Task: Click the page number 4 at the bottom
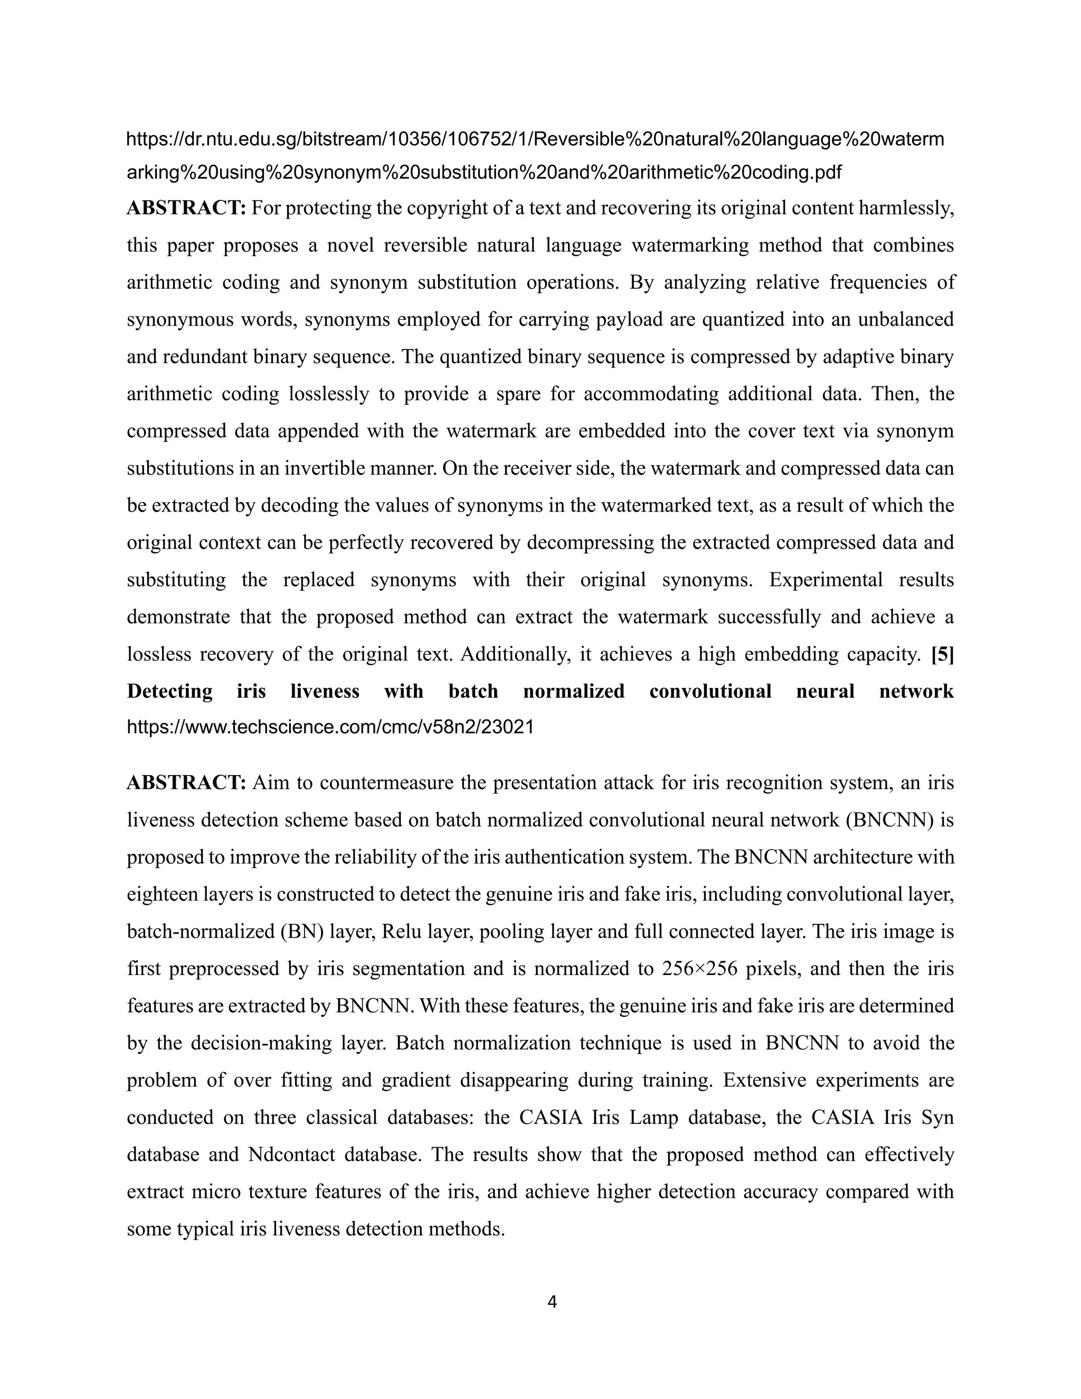[552, 1302]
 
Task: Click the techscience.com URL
[330, 727]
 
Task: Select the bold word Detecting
[170, 691]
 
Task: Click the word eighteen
[163, 894]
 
